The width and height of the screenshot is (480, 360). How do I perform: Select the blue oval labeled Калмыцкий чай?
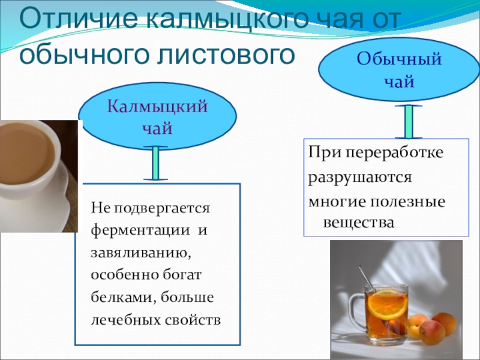[157, 118]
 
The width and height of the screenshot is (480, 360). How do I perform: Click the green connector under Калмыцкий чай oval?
[155, 163]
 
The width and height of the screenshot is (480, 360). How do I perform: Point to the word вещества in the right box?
[359, 223]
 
